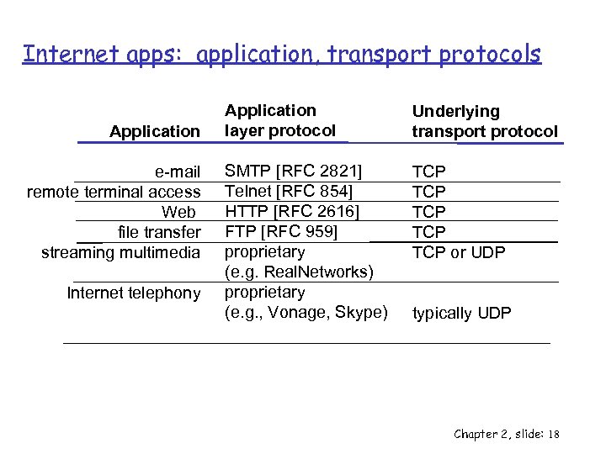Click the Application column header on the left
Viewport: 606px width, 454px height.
[x=155, y=131]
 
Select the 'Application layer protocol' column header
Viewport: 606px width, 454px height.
[x=279, y=120]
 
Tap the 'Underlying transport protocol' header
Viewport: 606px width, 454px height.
[x=484, y=121]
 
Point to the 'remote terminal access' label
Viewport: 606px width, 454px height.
[x=114, y=192]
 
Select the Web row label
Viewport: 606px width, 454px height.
[x=178, y=212]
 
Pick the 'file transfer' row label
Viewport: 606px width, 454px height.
[x=159, y=232]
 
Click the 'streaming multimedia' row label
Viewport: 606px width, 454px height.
[x=120, y=252]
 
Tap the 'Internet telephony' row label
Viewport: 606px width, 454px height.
[x=133, y=293]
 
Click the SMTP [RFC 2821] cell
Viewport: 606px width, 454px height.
[x=293, y=172]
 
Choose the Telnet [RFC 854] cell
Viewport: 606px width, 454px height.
[x=288, y=191]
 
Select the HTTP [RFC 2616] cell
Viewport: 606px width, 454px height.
[x=292, y=211]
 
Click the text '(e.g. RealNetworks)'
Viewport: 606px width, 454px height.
[x=298, y=272]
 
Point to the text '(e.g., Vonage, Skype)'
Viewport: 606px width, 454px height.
[x=306, y=313]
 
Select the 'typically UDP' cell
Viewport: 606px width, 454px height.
[x=461, y=314]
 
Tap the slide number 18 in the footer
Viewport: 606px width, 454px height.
[x=553, y=434]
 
